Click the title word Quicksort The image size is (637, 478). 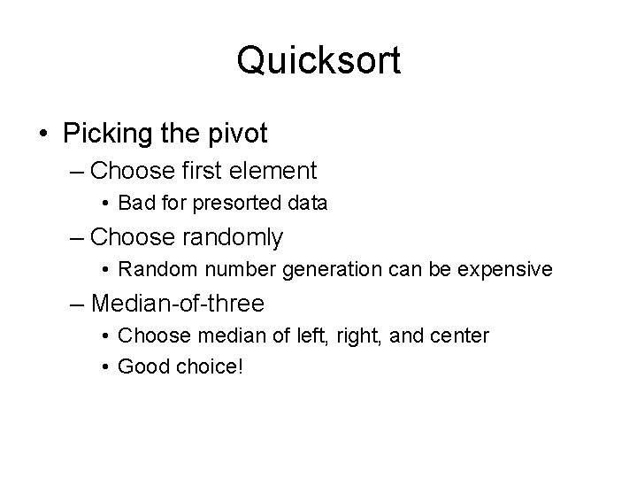pos(318,61)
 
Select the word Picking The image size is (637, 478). pos(105,134)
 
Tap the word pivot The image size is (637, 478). pos(236,134)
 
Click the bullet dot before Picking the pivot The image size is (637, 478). pos(43,135)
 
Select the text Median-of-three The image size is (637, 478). pos(178,304)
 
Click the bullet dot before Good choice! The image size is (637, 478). pos(106,365)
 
